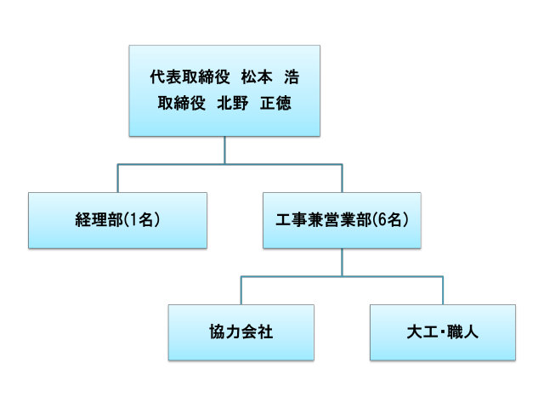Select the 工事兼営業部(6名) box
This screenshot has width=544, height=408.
click(x=343, y=219)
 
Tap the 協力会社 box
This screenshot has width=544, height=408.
click(x=241, y=331)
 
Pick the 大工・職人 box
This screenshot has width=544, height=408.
click(x=442, y=331)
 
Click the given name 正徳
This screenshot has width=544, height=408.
click(x=275, y=104)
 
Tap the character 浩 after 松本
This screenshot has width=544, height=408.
click(x=292, y=77)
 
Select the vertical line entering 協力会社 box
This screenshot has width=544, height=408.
click(x=241, y=290)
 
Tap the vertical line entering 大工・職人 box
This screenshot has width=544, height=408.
click(x=442, y=290)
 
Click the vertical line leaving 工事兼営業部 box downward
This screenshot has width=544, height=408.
click(x=342, y=262)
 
